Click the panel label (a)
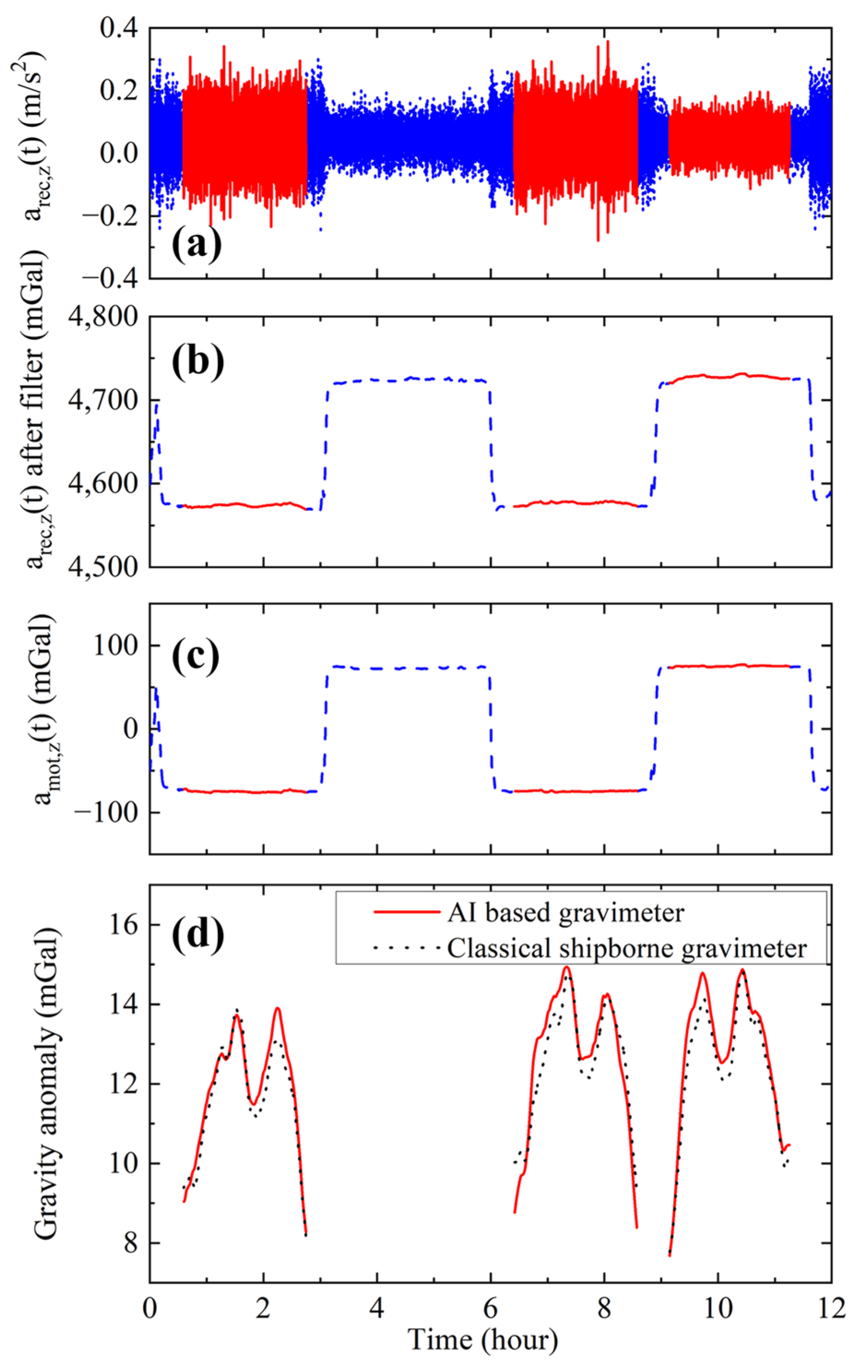tap(196, 245)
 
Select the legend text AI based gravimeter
tap(565, 912)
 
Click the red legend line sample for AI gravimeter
tap(407, 912)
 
